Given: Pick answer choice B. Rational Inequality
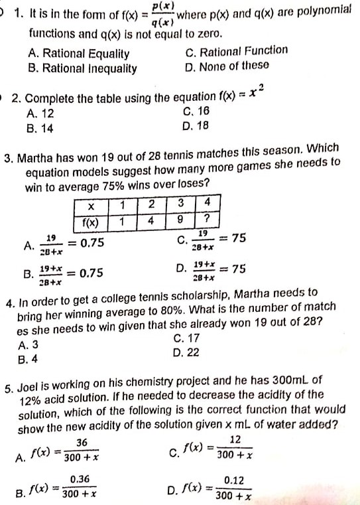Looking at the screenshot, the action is pos(82,68).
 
